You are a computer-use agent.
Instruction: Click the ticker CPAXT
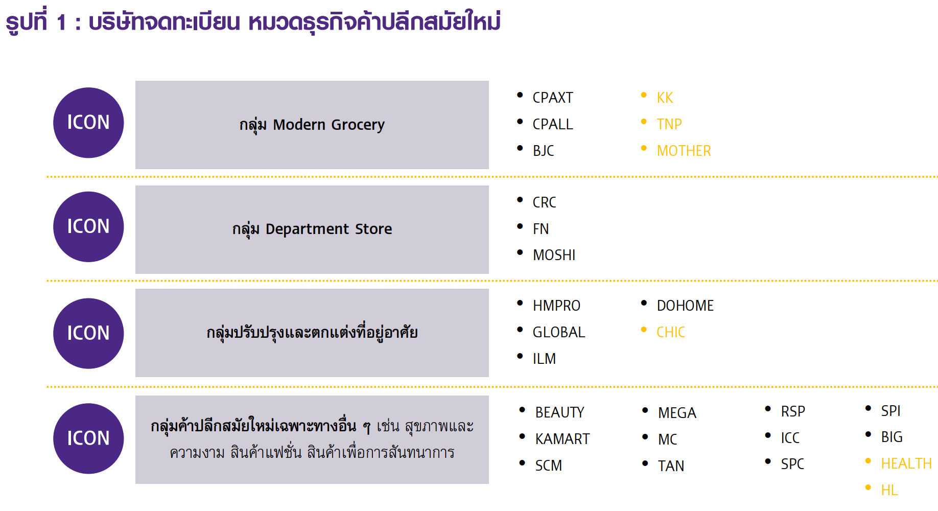pos(552,98)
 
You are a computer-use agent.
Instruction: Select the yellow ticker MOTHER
pos(684,151)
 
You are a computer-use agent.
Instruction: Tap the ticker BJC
pos(543,151)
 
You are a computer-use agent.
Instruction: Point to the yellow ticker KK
pos(665,98)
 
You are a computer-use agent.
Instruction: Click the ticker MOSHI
pos(554,255)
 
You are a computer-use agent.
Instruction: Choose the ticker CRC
pos(544,202)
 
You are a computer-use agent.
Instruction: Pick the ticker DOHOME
pos(685,306)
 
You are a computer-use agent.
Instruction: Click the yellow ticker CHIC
pos(671,332)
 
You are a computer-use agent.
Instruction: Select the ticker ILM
pos(544,359)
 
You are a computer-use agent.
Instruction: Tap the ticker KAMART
pos(562,439)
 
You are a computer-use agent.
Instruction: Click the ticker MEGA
pos(677,413)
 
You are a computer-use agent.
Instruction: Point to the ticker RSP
pos(793,411)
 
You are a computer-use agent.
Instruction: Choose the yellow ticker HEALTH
pos(906,463)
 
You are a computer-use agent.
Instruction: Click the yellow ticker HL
pos(889,491)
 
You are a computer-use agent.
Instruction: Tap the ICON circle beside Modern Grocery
pos(88,123)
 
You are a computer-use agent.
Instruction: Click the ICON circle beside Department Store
pos(88,227)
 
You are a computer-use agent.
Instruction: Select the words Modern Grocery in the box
pos(329,125)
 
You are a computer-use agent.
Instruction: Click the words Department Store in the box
pos(329,229)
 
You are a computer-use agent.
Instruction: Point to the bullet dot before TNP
pos(644,122)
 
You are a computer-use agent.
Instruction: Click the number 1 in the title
pos(62,22)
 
